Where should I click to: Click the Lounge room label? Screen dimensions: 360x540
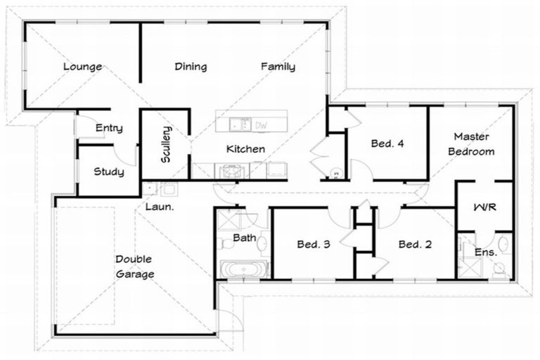(x=82, y=67)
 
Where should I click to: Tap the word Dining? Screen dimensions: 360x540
(x=191, y=67)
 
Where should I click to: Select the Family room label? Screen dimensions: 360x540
(x=278, y=67)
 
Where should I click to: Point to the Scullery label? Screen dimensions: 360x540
(x=166, y=144)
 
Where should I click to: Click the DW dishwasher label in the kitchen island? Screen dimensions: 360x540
(x=261, y=125)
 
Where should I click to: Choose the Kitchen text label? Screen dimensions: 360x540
(x=245, y=148)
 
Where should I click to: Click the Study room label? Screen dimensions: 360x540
(x=108, y=172)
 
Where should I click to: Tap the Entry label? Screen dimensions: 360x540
(x=109, y=128)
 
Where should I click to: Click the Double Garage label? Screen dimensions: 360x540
(x=134, y=266)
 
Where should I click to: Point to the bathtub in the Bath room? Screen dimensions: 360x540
(x=243, y=269)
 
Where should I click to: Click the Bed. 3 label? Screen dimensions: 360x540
(x=314, y=245)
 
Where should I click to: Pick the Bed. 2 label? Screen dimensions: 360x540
(x=415, y=245)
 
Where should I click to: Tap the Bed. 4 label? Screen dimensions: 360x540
(x=387, y=143)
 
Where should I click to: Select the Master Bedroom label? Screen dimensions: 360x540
(x=471, y=143)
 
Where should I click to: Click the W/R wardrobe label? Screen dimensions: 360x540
(x=484, y=208)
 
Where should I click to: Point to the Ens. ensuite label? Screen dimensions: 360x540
(x=486, y=251)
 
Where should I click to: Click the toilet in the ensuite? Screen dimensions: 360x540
(x=500, y=268)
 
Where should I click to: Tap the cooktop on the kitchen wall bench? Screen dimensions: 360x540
(x=230, y=170)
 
